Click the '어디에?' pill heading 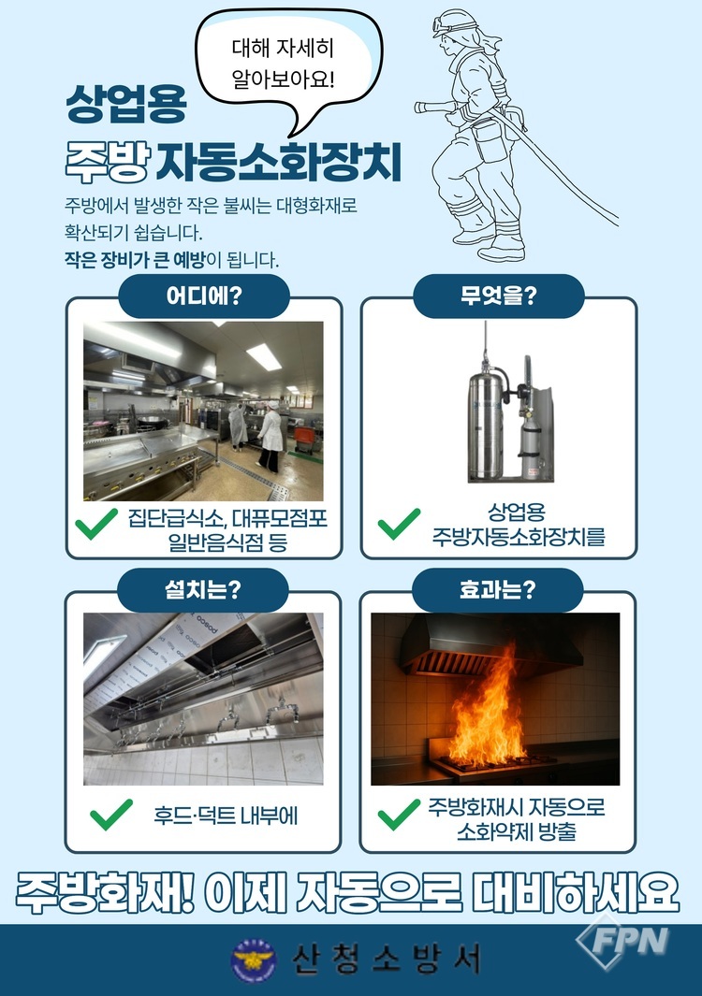pyautogui.click(x=203, y=296)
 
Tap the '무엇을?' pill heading pyautogui.click(x=499, y=296)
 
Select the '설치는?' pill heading pyautogui.click(x=203, y=590)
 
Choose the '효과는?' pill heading pyautogui.click(x=497, y=590)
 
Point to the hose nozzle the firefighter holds pyautogui.click(x=434, y=107)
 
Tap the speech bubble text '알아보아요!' pyautogui.click(x=283, y=79)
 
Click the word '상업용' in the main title pyautogui.click(x=126, y=104)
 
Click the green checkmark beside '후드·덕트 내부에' pyautogui.click(x=111, y=815)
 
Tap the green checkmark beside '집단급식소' pyautogui.click(x=96, y=524)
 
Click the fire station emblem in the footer pyautogui.click(x=254, y=960)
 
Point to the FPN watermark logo pyautogui.click(x=622, y=942)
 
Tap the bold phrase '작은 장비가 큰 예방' pyautogui.click(x=135, y=260)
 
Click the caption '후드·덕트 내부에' pyautogui.click(x=226, y=816)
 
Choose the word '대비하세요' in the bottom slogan pyautogui.click(x=576, y=893)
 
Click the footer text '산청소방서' pyautogui.click(x=386, y=960)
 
